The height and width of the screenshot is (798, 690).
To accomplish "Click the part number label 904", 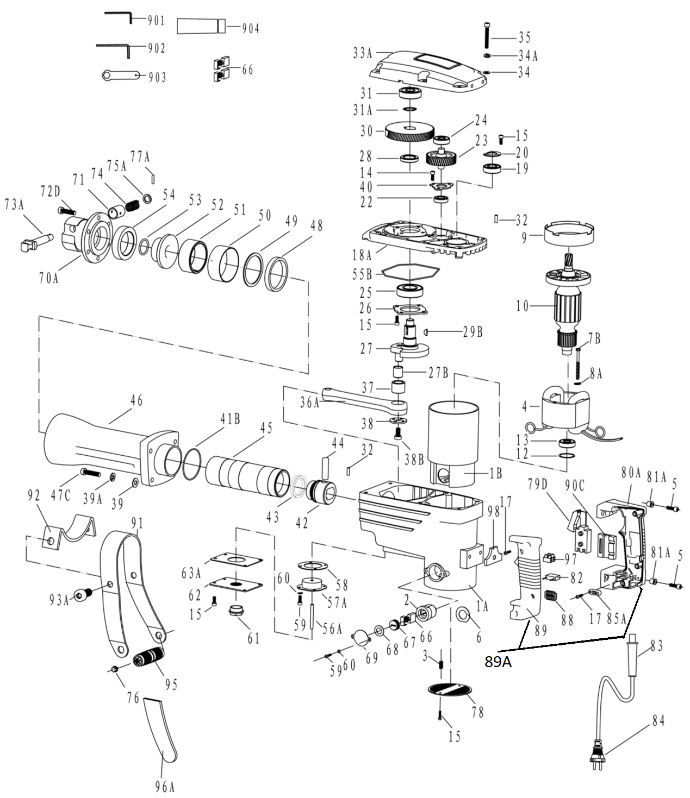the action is [251, 29].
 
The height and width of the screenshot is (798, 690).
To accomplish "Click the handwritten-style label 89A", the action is [498, 662].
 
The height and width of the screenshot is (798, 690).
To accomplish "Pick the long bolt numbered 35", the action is [487, 36].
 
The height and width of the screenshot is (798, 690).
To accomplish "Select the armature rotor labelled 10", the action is [568, 305].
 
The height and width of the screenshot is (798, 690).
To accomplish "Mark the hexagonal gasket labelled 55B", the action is [411, 274].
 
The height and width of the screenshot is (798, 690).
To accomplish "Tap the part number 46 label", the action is [137, 401].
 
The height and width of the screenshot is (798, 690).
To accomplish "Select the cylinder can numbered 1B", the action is [455, 443].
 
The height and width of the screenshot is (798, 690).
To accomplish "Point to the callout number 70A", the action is [49, 278].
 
